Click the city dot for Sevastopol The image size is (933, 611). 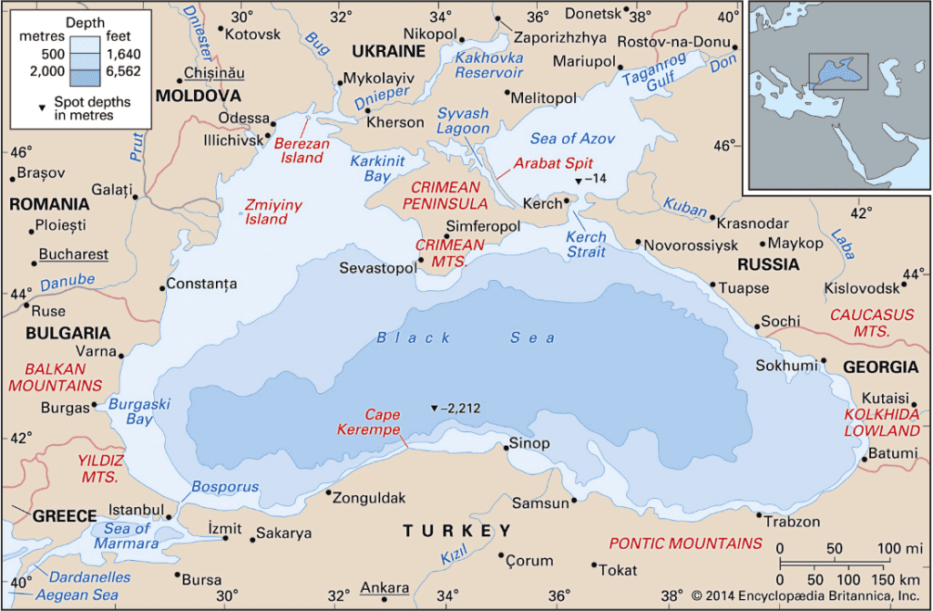(x=421, y=260)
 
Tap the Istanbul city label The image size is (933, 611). (x=136, y=509)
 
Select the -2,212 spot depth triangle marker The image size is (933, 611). (x=434, y=408)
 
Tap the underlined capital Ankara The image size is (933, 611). (x=384, y=588)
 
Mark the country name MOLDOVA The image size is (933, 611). (x=199, y=96)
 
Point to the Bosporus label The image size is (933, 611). (x=225, y=487)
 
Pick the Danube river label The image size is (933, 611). (x=67, y=280)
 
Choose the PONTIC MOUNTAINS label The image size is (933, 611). (x=685, y=543)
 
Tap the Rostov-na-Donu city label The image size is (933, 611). (x=674, y=42)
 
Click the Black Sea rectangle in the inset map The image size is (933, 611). (x=838, y=71)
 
